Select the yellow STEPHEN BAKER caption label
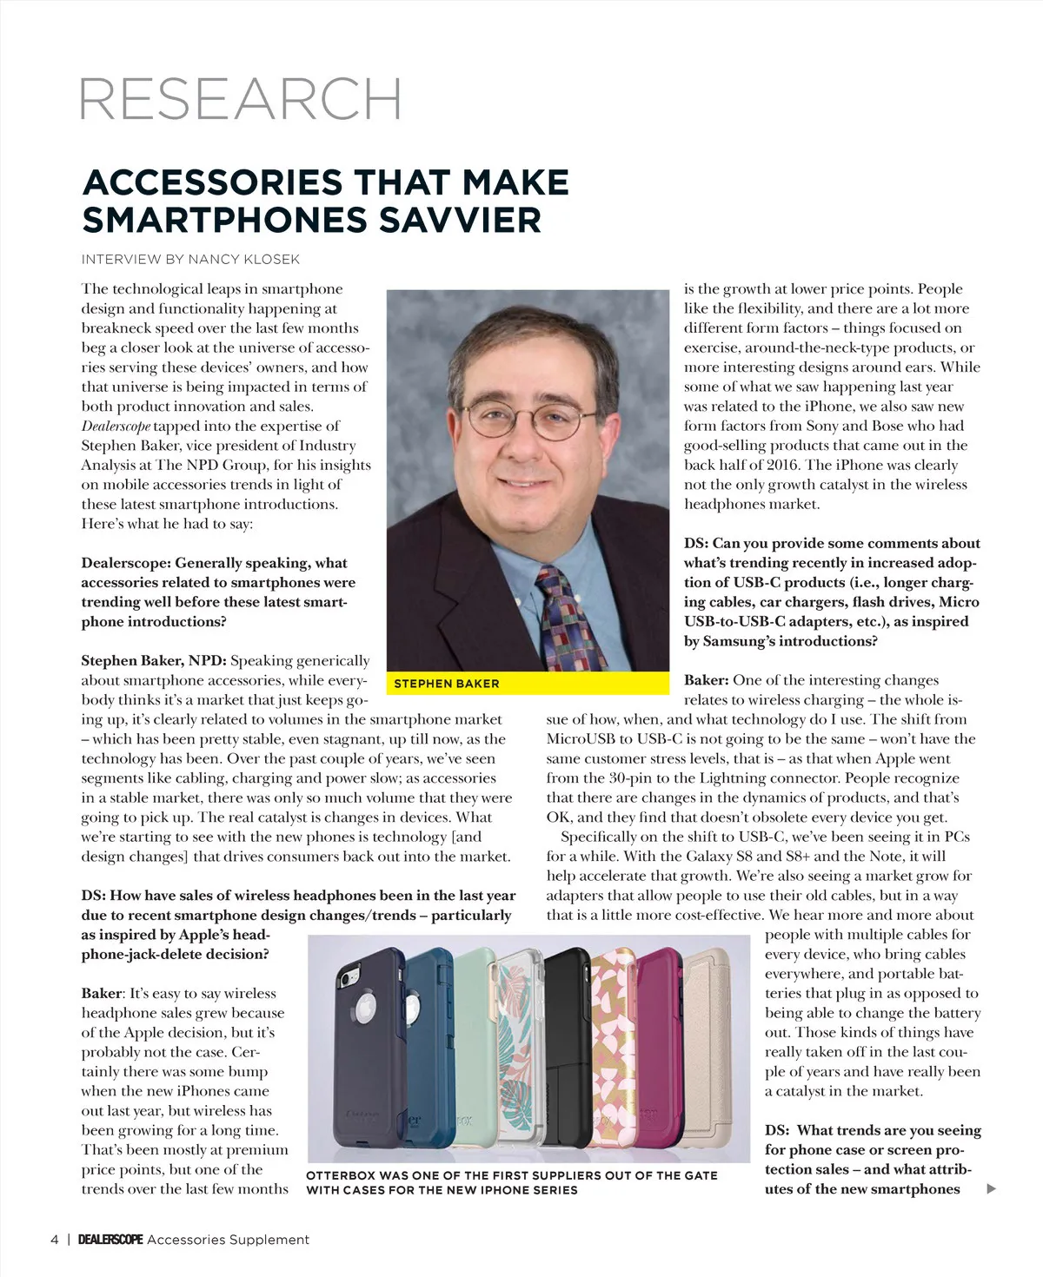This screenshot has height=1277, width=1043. click(x=446, y=684)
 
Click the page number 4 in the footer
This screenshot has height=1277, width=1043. click(x=55, y=1240)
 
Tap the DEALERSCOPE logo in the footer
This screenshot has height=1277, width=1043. click(x=110, y=1240)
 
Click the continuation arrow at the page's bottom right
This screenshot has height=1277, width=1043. click(x=992, y=1189)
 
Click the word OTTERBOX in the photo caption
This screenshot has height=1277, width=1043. click(x=340, y=1175)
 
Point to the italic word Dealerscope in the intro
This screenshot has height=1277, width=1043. click(x=116, y=426)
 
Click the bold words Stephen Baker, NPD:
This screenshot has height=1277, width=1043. click(x=153, y=660)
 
